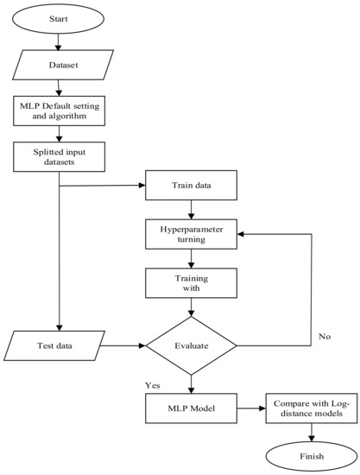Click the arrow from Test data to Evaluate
click(121, 346)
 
